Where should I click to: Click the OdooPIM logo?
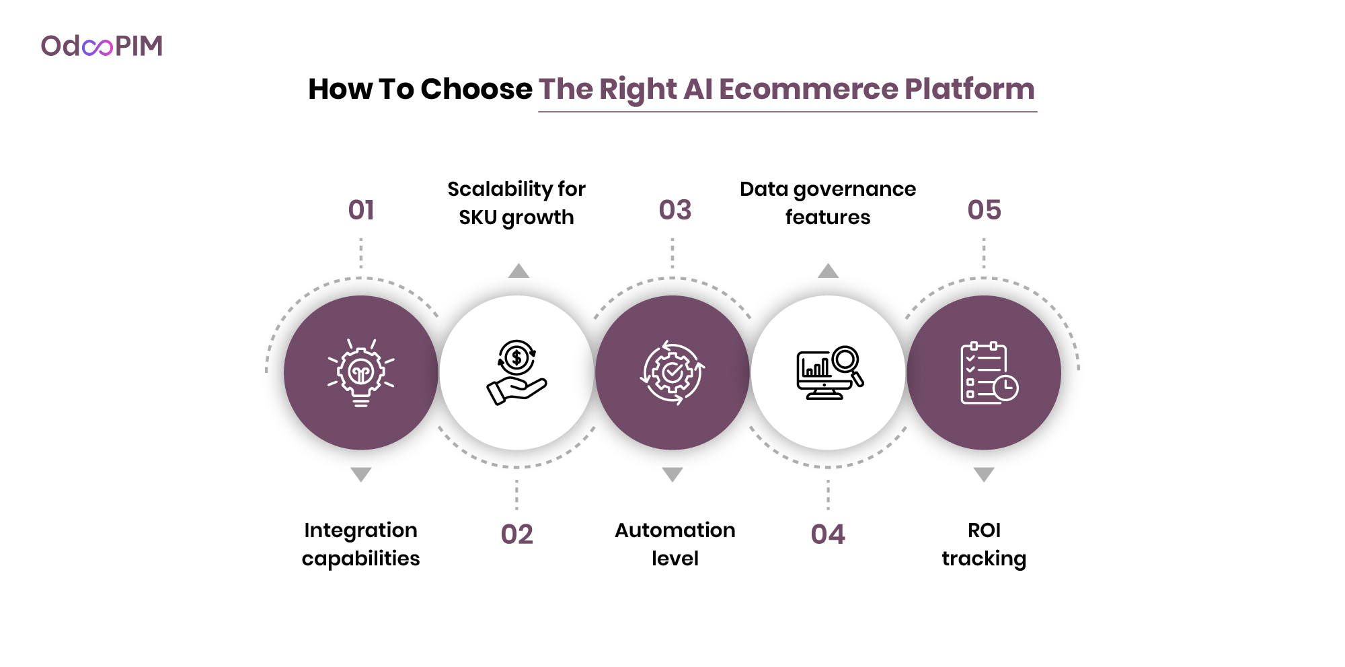point(102,46)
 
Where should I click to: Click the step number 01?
point(361,210)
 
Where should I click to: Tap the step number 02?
point(517,534)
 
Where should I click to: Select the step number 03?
point(675,210)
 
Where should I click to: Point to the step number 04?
point(828,534)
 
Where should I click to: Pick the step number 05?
point(985,210)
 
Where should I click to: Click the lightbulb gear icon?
point(361,373)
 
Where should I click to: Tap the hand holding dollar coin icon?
point(516,372)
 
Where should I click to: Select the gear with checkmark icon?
point(672,372)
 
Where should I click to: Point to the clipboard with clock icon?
point(989,373)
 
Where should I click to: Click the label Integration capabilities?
point(361,545)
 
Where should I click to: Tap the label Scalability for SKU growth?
point(516,203)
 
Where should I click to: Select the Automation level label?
point(675,545)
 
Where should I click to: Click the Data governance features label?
point(828,203)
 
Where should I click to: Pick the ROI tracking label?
point(984,545)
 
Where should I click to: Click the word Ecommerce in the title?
point(808,90)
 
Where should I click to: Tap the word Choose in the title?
point(476,90)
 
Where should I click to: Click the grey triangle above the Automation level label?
point(672,475)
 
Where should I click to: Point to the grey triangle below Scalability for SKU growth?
point(518,271)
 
